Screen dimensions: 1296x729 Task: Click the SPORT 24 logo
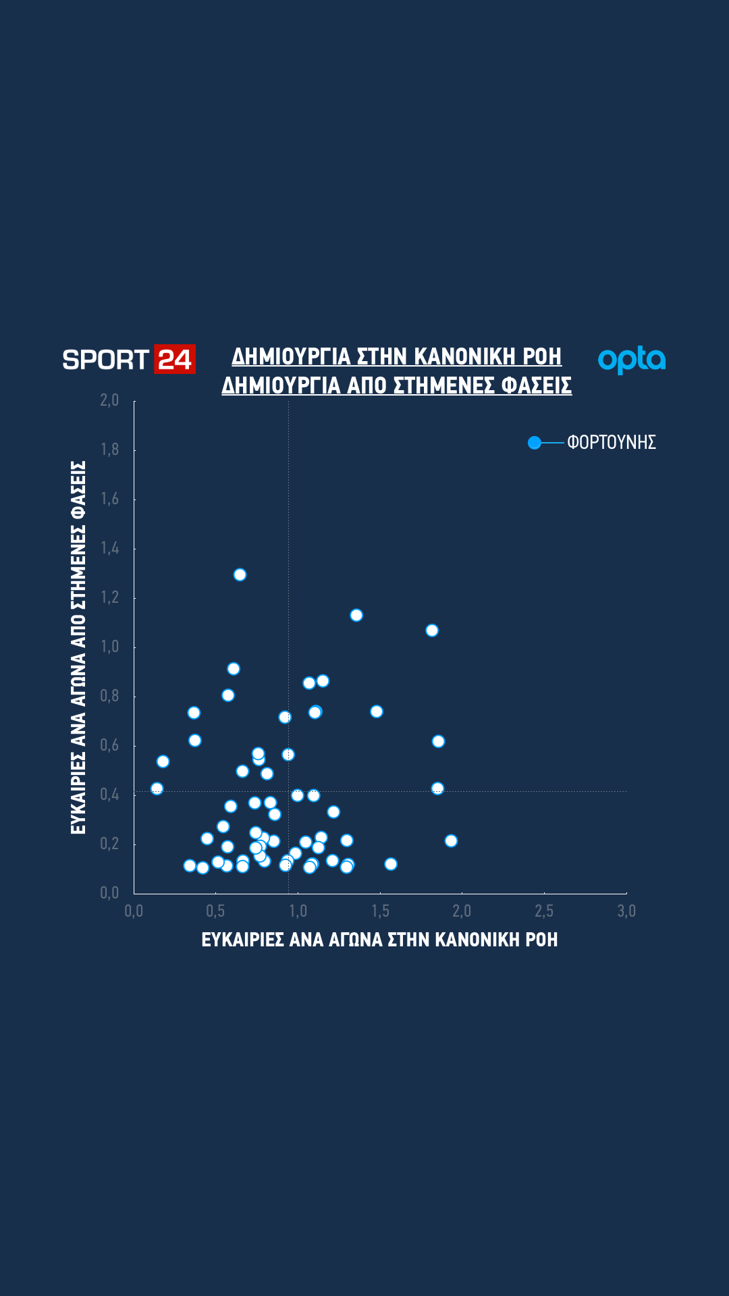click(x=128, y=359)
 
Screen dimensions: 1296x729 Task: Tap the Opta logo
click(x=632, y=360)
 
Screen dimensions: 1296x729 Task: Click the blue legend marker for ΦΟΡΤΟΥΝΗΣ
click(x=535, y=443)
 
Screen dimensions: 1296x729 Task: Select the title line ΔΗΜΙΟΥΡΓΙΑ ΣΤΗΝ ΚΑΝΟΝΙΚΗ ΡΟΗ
click(x=396, y=356)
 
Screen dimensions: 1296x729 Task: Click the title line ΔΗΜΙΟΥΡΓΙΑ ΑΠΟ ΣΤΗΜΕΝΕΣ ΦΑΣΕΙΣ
click(x=396, y=385)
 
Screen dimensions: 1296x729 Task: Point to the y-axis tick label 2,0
click(x=109, y=400)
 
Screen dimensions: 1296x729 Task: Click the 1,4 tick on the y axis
click(x=109, y=548)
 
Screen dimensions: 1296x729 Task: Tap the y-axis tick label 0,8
click(x=109, y=696)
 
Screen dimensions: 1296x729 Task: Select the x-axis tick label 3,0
click(x=626, y=911)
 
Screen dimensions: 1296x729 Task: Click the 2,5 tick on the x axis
click(x=544, y=911)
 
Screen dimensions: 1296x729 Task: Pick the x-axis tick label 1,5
click(x=380, y=911)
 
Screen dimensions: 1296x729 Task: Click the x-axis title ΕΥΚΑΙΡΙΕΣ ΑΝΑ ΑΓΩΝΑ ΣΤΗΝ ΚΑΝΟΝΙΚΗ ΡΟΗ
click(x=379, y=940)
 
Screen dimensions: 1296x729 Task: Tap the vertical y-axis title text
click(x=78, y=647)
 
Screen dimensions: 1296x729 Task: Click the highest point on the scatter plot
click(x=240, y=575)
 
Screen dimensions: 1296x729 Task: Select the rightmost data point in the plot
click(x=451, y=841)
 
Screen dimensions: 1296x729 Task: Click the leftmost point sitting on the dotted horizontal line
click(x=157, y=788)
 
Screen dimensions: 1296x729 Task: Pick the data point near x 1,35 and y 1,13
click(x=356, y=615)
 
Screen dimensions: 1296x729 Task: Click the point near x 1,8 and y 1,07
click(x=432, y=630)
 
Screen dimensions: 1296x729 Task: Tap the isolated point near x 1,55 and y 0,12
click(x=391, y=864)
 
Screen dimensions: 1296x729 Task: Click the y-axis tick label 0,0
click(x=109, y=893)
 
